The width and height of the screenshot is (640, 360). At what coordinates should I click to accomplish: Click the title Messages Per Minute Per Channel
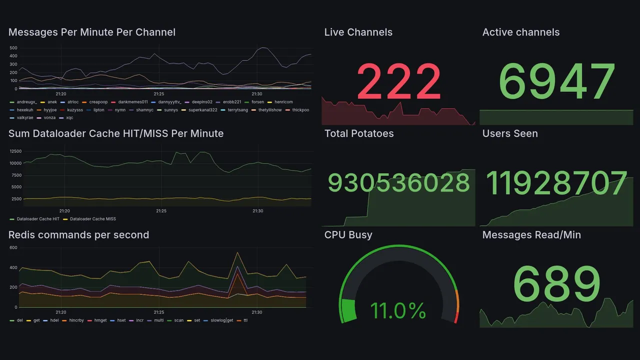coord(92,32)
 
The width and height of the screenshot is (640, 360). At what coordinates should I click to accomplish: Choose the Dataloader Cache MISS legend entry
coord(92,219)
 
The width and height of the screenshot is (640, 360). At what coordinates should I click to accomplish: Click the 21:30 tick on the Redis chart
coord(257,312)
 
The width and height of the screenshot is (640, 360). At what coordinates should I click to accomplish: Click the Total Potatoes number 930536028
coord(398,183)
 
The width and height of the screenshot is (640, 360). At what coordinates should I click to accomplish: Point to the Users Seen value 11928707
coord(556,183)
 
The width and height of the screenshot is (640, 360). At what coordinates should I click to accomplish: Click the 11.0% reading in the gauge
coord(398,311)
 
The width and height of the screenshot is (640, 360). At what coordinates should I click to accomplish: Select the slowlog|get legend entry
coord(222,320)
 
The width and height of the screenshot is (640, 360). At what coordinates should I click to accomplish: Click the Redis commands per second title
coord(78,235)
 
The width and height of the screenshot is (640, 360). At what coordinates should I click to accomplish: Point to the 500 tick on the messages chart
coord(13,48)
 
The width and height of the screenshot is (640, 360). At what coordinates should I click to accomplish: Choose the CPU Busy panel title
coord(348,235)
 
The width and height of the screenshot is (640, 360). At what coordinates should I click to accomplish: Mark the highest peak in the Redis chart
coord(237,252)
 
